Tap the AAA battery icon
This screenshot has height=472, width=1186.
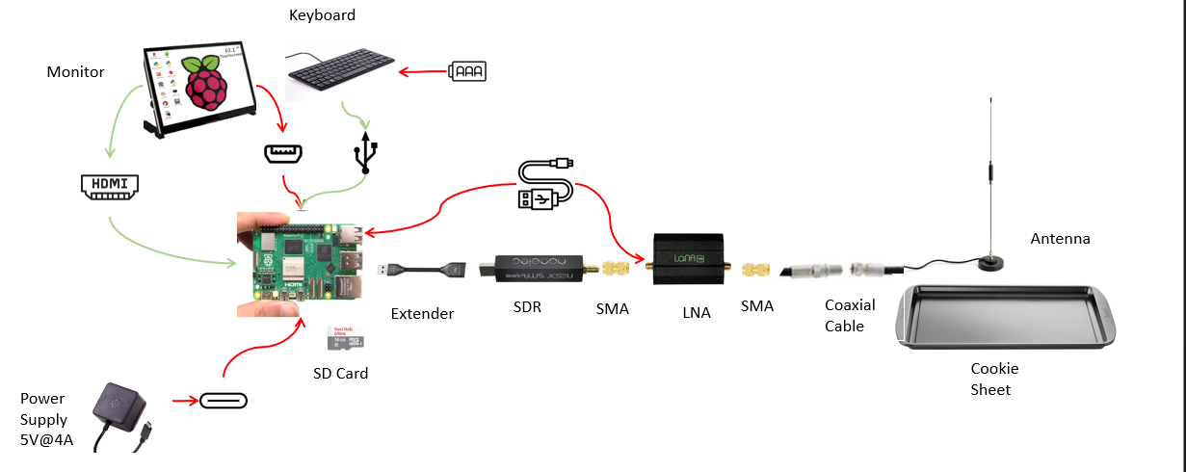tap(468, 71)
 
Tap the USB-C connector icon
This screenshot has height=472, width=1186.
tap(224, 400)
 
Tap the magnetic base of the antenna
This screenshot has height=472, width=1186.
tap(989, 262)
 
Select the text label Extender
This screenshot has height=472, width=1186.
tap(422, 313)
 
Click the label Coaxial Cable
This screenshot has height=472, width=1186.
tap(850, 315)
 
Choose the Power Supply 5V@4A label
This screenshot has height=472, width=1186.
tap(44, 420)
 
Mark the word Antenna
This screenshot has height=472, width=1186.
tap(1060, 239)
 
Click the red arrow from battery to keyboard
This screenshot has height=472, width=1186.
tap(424, 71)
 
